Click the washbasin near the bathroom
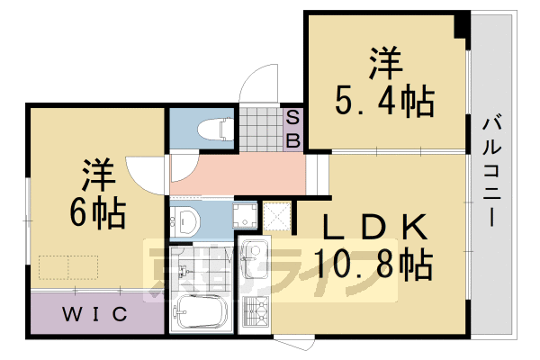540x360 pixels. point(187,221)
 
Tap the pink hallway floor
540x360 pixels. point(243,175)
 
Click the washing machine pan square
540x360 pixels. point(245,216)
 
